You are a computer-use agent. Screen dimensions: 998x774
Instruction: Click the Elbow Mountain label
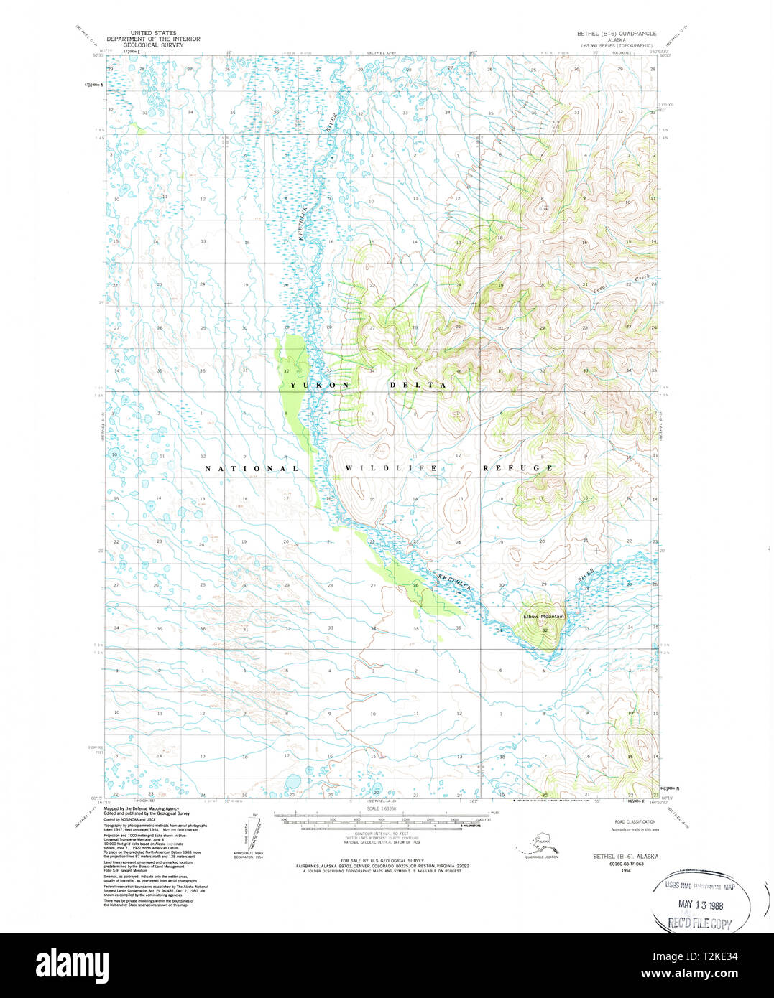pos(543,617)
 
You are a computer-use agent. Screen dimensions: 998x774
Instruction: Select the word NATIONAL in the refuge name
pos(252,468)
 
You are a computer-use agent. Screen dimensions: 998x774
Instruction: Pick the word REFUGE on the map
pos(517,468)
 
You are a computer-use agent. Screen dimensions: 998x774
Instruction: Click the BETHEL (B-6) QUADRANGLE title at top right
pos(617,34)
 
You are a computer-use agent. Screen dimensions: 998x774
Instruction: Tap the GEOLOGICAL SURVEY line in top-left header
pos(153,44)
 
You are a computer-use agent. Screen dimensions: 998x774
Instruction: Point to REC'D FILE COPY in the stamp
pos(700,924)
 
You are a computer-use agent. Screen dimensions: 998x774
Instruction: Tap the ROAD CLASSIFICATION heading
pos(635,821)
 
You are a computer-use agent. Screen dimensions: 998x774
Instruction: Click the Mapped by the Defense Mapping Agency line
pos(142,808)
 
